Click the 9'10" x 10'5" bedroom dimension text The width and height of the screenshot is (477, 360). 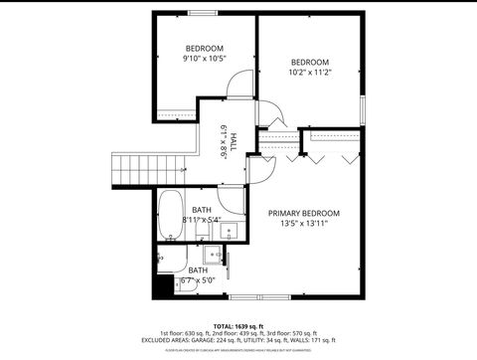205,60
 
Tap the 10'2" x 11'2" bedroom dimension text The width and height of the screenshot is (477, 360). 309,72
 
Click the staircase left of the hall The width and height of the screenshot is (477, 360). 133,170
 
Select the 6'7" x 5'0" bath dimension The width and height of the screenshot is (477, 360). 198,280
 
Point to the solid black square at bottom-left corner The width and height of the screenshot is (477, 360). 160,289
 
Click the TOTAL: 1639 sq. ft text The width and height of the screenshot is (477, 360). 238,325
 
